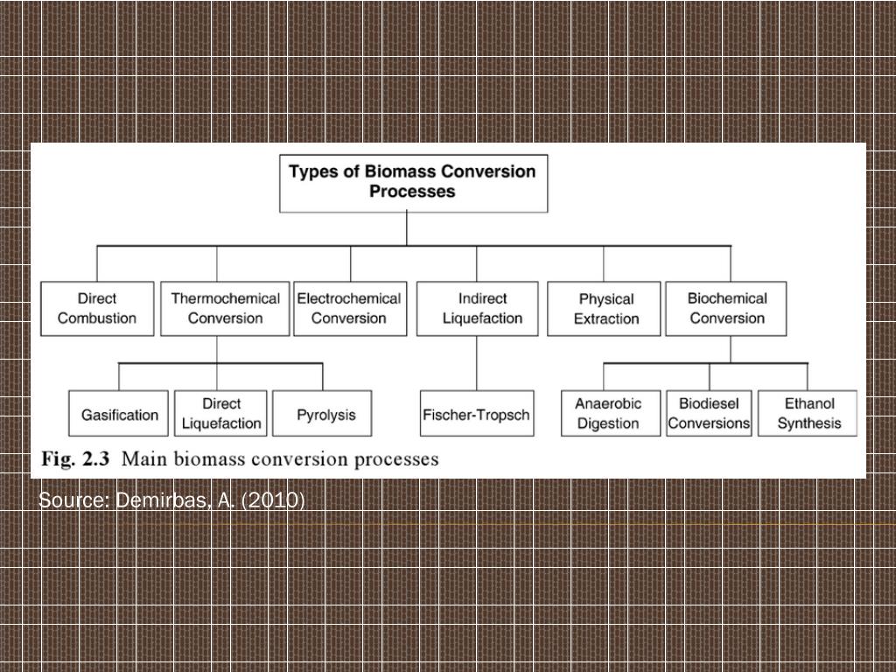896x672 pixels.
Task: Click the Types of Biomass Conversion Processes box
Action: coord(413,182)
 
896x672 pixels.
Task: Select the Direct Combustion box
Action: coord(96,308)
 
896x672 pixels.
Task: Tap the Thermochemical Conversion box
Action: coord(225,308)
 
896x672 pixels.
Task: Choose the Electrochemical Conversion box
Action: coord(348,308)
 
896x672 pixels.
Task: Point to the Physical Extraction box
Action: coord(605,309)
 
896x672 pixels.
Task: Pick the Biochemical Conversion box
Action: coord(726,308)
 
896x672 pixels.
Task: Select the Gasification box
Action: coord(120,414)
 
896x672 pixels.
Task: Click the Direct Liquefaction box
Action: coord(221,413)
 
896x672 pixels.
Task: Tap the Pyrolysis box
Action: coord(325,414)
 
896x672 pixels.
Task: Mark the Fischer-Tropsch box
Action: coord(476,414)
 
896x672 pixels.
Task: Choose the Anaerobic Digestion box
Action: coord(608,413)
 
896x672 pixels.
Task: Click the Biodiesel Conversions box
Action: coord(709,413)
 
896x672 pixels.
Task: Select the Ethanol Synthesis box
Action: coord(809,413)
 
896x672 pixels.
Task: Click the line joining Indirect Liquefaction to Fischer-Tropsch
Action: coord(477,363)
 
